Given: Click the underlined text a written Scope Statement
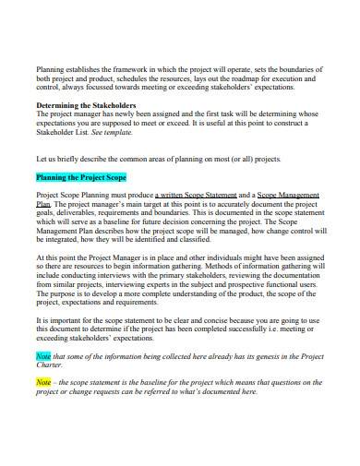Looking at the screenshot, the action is tap(195, 196).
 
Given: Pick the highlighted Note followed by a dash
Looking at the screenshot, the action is tap(42, 381).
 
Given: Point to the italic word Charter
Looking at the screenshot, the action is tap(52, 366).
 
